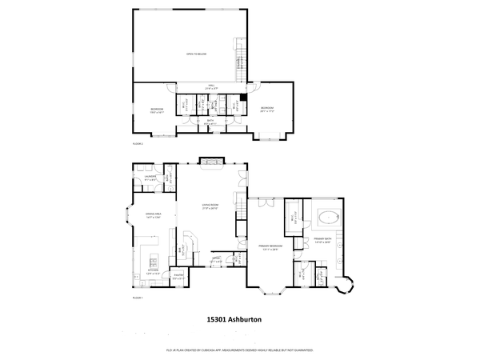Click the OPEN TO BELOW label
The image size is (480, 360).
[x=196, y=54]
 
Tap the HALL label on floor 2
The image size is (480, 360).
[x=212, y=86]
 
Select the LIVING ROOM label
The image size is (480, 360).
[x=210, y=208]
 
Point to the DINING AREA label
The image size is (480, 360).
[x=152, y=216]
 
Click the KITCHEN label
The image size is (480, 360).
[x=153, y=274]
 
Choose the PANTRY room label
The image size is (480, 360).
[x=178, y=278]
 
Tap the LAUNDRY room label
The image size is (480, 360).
[x=150, y=178]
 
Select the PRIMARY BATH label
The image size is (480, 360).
[x=322, y=239]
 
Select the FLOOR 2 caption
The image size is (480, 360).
[x=138, y=144]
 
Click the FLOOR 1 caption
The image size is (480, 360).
[x=138, y=297]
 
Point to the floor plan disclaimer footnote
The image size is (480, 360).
[x=239, y=350]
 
